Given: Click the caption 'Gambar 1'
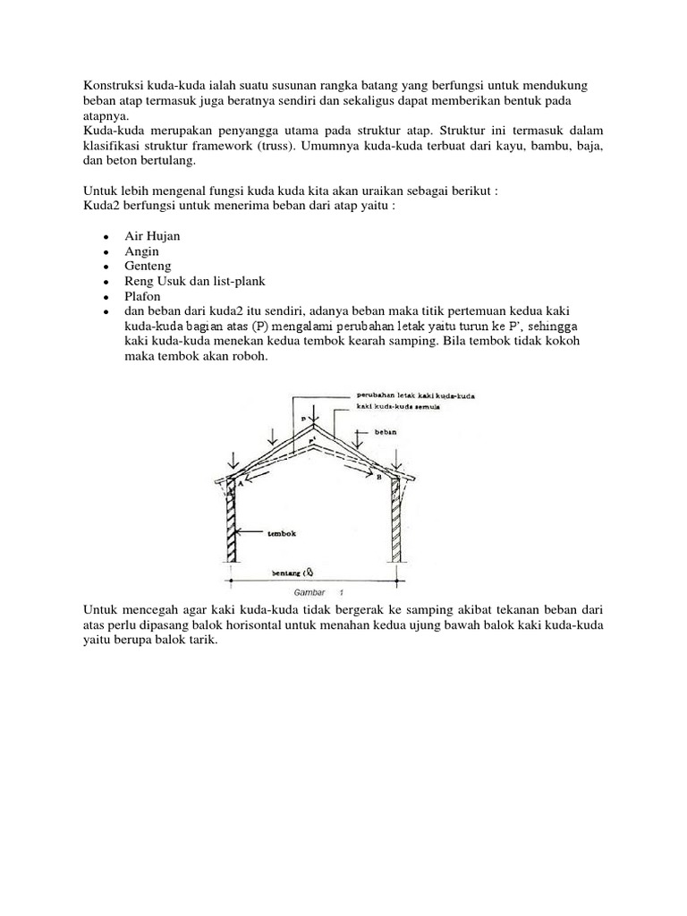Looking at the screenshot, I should click(x=313, y=592).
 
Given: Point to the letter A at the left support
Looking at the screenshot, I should click(x=239, y=480).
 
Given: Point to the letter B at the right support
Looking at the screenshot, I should click(x=379, y=479).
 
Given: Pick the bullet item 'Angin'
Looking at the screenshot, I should click(x=141, y=251).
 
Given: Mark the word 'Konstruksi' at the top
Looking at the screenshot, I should click(x=105, y=83).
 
